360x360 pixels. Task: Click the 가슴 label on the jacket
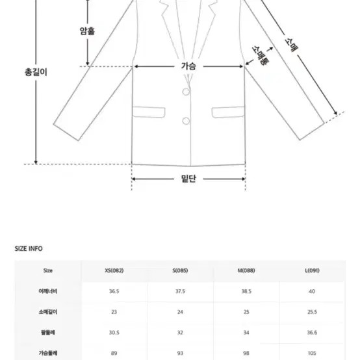(x=188, y=66)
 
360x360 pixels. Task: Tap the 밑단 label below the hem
(x=188, y=179)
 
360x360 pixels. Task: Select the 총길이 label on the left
(x=36, y=72)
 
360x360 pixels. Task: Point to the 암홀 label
(x=87, y=31)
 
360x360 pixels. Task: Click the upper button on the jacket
(x=186, y=92)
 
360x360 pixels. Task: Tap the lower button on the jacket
(x=186, y=121)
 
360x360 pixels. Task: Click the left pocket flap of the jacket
(x=149, y=112)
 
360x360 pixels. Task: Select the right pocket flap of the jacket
(x=228, y=112)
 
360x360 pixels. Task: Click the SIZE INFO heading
(x=29, y=249)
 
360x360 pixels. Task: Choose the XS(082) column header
(x=114, y=270)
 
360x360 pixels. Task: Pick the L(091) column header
(x=312, y=270)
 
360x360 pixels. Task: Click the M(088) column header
(x=246, y=270)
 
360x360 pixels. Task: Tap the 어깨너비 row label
(x=47, y=291)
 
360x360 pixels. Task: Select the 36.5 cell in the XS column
(x=114, y=291)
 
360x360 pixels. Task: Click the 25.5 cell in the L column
(x=312, y=312)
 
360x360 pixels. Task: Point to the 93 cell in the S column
(x=180, y=353)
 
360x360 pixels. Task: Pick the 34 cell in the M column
(x=246, y=333)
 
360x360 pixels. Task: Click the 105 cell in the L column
(x=312, y=353)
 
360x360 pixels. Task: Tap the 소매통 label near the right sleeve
(x=261, y=55)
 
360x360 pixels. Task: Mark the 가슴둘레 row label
(x=47, y=353)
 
